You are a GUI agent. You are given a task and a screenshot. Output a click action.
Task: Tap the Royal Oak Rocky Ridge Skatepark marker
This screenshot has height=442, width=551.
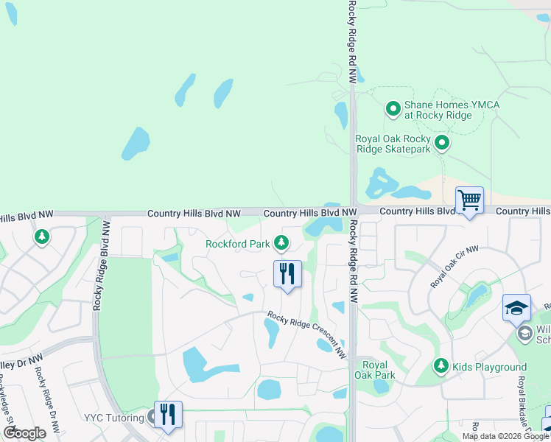(442, 143)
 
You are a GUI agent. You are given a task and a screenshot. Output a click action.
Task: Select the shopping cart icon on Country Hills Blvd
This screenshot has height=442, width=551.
(469, 200)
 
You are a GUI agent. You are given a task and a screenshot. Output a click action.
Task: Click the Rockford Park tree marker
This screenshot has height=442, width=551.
(281, 242)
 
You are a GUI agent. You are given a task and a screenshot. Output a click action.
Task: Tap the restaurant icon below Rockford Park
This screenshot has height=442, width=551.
(287, 274)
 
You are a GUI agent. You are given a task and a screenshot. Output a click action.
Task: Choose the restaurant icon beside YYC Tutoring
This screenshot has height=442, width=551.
(169, 415)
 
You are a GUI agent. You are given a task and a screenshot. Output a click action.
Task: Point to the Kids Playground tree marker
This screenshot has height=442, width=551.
(441, 365)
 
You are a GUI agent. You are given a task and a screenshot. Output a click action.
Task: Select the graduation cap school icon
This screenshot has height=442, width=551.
(516, 308)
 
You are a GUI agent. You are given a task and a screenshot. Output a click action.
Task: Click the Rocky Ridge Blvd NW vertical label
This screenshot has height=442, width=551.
(96, 265)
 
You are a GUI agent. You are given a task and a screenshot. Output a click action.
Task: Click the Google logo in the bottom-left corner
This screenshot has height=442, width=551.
(24, 433)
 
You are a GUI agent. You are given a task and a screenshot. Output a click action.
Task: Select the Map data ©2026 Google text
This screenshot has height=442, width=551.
(505, 436)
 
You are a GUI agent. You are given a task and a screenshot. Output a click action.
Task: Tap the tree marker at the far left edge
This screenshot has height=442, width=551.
(42, 236)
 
